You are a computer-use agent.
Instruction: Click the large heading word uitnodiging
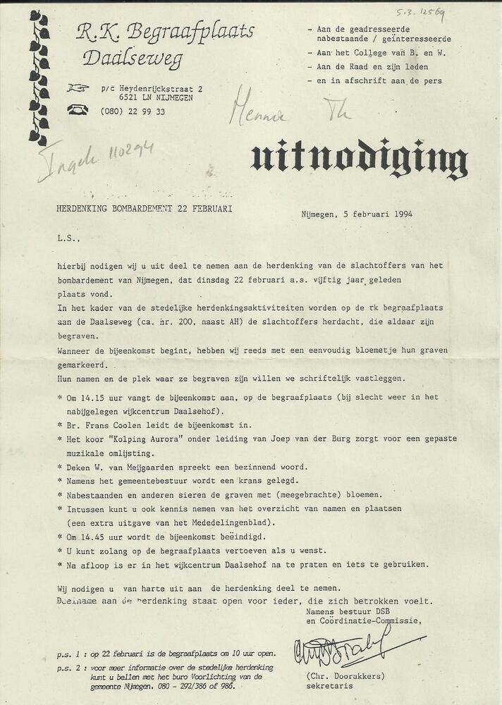click(x=359, y=161)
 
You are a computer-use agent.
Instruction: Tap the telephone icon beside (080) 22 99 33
click(x=77, y=110)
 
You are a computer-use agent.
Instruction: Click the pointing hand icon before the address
click(x=77, y=88)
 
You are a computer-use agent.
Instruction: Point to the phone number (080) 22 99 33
click(x=133, y=111)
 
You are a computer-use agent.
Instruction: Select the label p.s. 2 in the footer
click(x=71, y=666)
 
